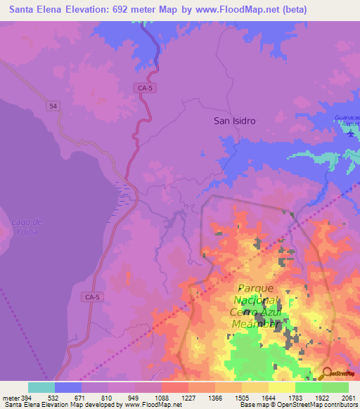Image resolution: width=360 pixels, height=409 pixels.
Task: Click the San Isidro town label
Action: pyautogui.click(x=235, y=121)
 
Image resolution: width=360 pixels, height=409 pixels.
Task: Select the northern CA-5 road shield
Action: pyautogui.click(x=144, y=88)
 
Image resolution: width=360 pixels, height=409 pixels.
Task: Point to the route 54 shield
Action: pyautogui.click(x=53, y=105)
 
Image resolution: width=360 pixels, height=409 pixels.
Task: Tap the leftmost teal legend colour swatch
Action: pyautogui.click(x=41, y=387)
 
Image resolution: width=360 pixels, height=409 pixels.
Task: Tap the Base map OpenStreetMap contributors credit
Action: pyautogui.click(x=298, y=405)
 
